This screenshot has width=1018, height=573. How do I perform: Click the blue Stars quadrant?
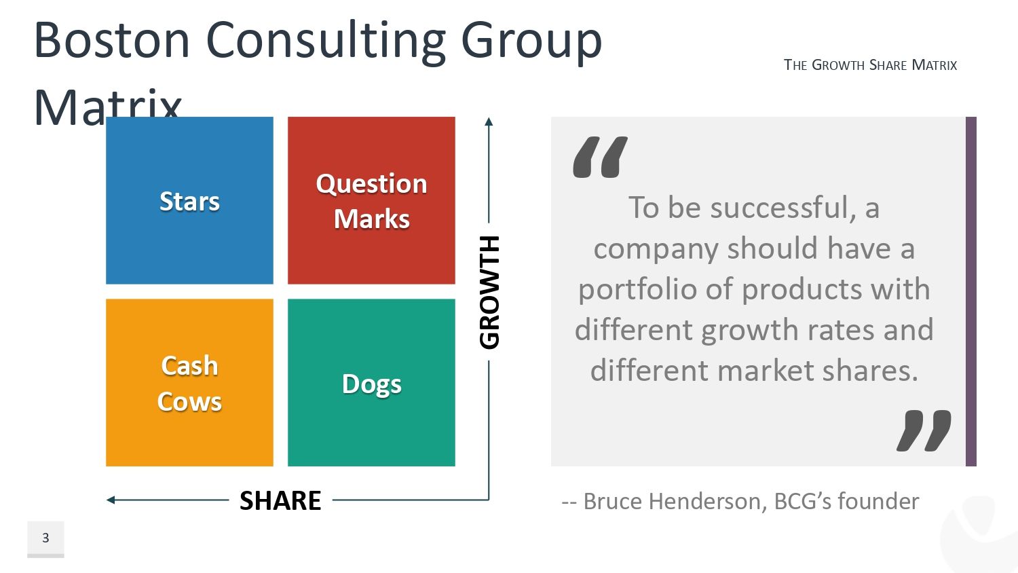[189, 200]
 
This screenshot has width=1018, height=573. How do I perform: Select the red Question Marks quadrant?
[371, 200]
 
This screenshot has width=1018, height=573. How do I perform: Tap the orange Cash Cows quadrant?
[189, 382]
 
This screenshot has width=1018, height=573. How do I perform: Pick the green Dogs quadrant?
[371, 382]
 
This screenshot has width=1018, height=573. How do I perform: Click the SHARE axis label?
[280, 500]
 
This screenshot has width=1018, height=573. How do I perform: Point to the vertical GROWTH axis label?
[489, 293]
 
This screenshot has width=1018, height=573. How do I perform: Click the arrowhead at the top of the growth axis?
[489, 122]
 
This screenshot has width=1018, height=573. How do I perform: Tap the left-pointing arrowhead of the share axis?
[111, 500]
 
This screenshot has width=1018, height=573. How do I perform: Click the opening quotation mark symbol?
[601, 157]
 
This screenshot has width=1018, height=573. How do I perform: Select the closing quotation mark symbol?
[924, 430]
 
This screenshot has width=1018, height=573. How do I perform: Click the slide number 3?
[45, 538]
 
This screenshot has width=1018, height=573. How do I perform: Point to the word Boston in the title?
[111, 40]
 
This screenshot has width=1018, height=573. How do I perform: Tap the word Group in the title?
[531, 43]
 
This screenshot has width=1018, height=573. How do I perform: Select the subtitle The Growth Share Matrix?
[870, 65]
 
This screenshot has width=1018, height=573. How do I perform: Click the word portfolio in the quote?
[637, 291]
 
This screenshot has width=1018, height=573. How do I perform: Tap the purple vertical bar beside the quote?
[970, 291]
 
